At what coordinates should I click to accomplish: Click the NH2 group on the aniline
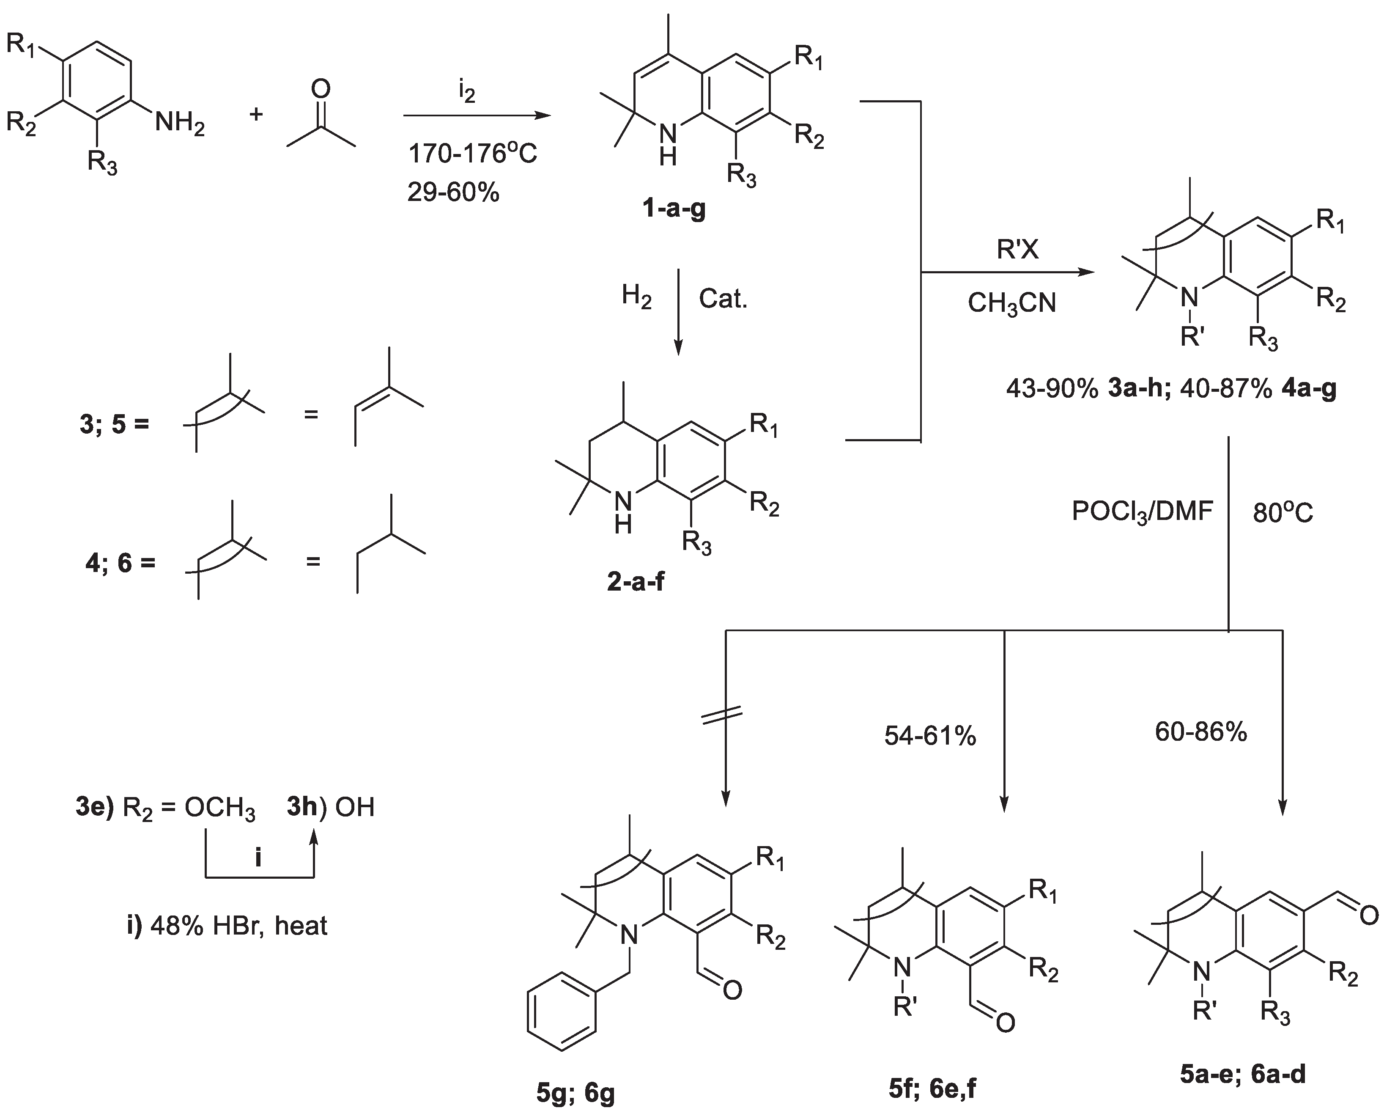click(179, 122)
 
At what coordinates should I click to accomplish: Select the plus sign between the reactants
click(256, 115)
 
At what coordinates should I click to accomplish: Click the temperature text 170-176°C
click(472, 154)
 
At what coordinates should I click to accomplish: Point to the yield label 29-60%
click(453, 192)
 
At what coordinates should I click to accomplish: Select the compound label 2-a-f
click(635, 581)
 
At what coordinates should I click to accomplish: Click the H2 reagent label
click(636, 297)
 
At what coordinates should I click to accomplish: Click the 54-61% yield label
click(930, 735)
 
